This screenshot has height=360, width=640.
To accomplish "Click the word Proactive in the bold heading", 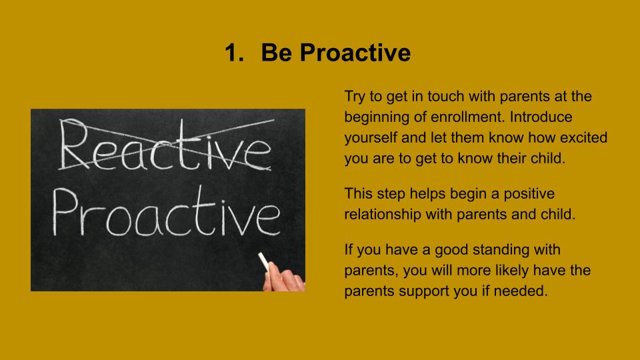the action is point(355,53).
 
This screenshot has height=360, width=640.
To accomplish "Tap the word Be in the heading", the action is point(276,53).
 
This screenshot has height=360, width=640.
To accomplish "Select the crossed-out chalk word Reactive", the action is point(165,145).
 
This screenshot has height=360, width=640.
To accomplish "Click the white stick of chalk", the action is point(264,261).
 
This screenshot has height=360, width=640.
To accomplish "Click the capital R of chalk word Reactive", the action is point(74,144).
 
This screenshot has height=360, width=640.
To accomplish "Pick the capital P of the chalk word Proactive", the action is point(65,211).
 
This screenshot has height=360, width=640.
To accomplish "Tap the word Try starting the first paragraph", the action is point(355,97).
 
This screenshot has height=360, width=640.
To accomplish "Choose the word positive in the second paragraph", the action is point(529,194).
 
